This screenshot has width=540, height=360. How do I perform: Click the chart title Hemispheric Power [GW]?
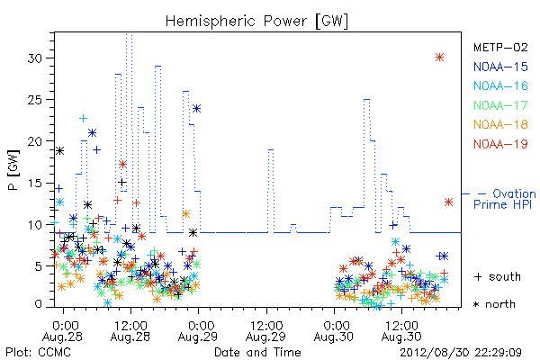point(256,21)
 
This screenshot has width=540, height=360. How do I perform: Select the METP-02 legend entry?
point(500,47)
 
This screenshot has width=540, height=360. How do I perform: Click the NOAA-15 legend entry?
point(500,67)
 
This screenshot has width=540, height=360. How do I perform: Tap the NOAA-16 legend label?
point(500,85)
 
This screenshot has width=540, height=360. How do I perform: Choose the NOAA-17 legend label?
point(500,105)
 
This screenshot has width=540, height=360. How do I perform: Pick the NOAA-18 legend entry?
point(500,124)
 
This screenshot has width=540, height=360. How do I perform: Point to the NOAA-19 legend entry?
point(500,144)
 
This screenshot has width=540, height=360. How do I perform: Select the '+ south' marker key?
point(498,276)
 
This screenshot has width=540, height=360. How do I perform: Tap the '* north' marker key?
point(494,304)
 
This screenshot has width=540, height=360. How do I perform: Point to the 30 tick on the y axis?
point(35,58)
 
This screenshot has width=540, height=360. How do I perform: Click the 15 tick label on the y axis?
point(35,183)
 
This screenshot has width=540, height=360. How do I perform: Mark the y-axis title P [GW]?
point(13,170)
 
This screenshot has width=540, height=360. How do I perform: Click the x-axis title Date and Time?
point(257,352)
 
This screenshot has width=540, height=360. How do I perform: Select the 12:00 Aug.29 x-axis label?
point(265,331)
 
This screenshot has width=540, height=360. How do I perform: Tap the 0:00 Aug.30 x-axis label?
point(334,331)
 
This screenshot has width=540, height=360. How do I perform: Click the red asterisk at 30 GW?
point(439,58)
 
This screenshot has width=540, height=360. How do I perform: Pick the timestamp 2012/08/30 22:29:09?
point(461,353)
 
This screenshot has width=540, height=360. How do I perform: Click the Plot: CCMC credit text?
point(38,353)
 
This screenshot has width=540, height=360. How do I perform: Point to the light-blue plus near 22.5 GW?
point(83,119)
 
